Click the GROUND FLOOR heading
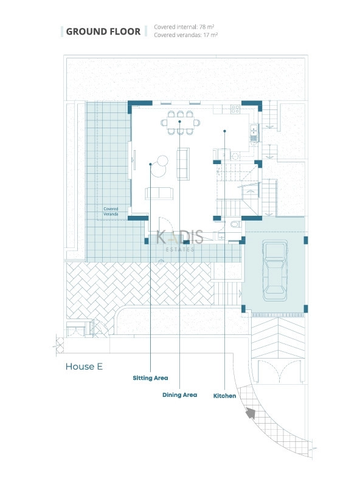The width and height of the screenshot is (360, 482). click(103, 32)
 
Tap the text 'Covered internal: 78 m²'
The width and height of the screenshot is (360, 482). click(184, 27)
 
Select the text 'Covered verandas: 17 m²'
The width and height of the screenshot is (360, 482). click(185, 35)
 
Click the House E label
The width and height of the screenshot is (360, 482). click(84, 367)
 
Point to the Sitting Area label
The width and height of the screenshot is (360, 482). click(150, 378)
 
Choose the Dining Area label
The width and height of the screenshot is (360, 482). click(179, 395)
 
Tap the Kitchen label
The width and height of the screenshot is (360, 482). click(225, 396)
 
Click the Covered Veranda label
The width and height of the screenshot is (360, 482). click(111, 212)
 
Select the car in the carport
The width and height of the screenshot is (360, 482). click(275, 270)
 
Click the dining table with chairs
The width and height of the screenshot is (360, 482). click(180, 123)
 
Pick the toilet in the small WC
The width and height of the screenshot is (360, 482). click(236, 224)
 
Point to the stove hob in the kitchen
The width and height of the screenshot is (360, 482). click(235, 109)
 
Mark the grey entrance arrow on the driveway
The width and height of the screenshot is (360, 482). click(251, 413)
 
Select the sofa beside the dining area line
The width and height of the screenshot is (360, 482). click(183, 164)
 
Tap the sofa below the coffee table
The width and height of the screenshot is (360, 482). click(159, 194)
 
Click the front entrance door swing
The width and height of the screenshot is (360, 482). click(164, 224)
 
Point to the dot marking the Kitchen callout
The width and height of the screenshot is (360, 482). click(225, 131)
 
